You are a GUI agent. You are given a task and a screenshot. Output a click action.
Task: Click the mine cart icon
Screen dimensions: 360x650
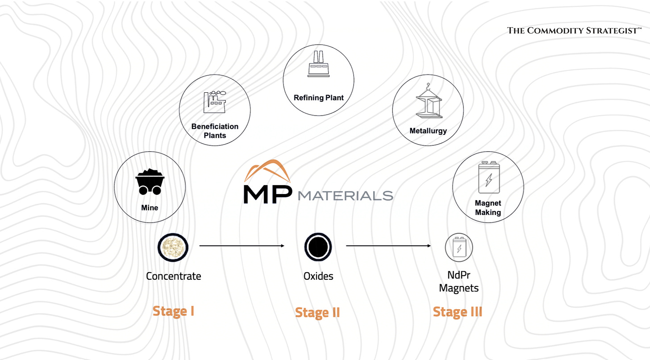(x=149, y=182)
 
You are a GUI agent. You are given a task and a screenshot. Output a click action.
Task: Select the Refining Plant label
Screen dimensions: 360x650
(x=318, y=98)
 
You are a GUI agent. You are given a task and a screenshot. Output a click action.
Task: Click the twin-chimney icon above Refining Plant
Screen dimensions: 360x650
(x=318, y=63)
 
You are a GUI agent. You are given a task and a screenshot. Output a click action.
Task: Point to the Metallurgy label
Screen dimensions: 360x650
(x=428, y=131)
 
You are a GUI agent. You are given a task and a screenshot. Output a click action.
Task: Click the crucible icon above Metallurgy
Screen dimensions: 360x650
(x=428, y=102)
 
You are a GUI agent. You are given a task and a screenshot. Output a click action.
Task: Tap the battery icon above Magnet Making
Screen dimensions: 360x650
(x=488, y=177)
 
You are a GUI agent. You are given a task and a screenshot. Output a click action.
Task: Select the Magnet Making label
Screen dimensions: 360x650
(x=488, y=208)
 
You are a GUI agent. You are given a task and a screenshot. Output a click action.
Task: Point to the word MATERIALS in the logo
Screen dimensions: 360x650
(x=345, y=195)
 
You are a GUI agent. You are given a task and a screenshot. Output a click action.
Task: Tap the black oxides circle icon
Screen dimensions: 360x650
(x=318, y=247)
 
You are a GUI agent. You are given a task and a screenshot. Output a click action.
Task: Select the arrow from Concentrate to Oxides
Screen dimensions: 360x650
(x=242, y=246)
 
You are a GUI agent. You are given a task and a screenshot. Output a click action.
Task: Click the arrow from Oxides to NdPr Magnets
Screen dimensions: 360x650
(x=388, y=246)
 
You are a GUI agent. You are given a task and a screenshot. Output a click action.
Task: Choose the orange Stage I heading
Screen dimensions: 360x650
(x=173, y=310)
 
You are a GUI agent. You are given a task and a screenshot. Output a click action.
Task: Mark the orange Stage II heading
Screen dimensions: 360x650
(x=317, y=312)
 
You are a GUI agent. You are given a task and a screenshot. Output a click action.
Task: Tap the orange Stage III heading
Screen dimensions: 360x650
(x=458, y=311)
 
